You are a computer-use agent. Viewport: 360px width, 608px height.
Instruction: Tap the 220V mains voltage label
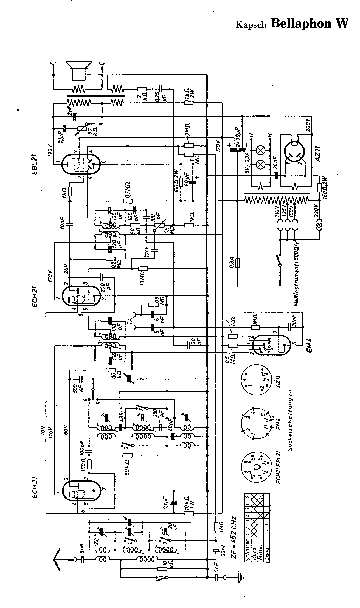point(316,211)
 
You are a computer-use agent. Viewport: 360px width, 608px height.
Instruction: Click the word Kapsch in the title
point(251,25)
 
